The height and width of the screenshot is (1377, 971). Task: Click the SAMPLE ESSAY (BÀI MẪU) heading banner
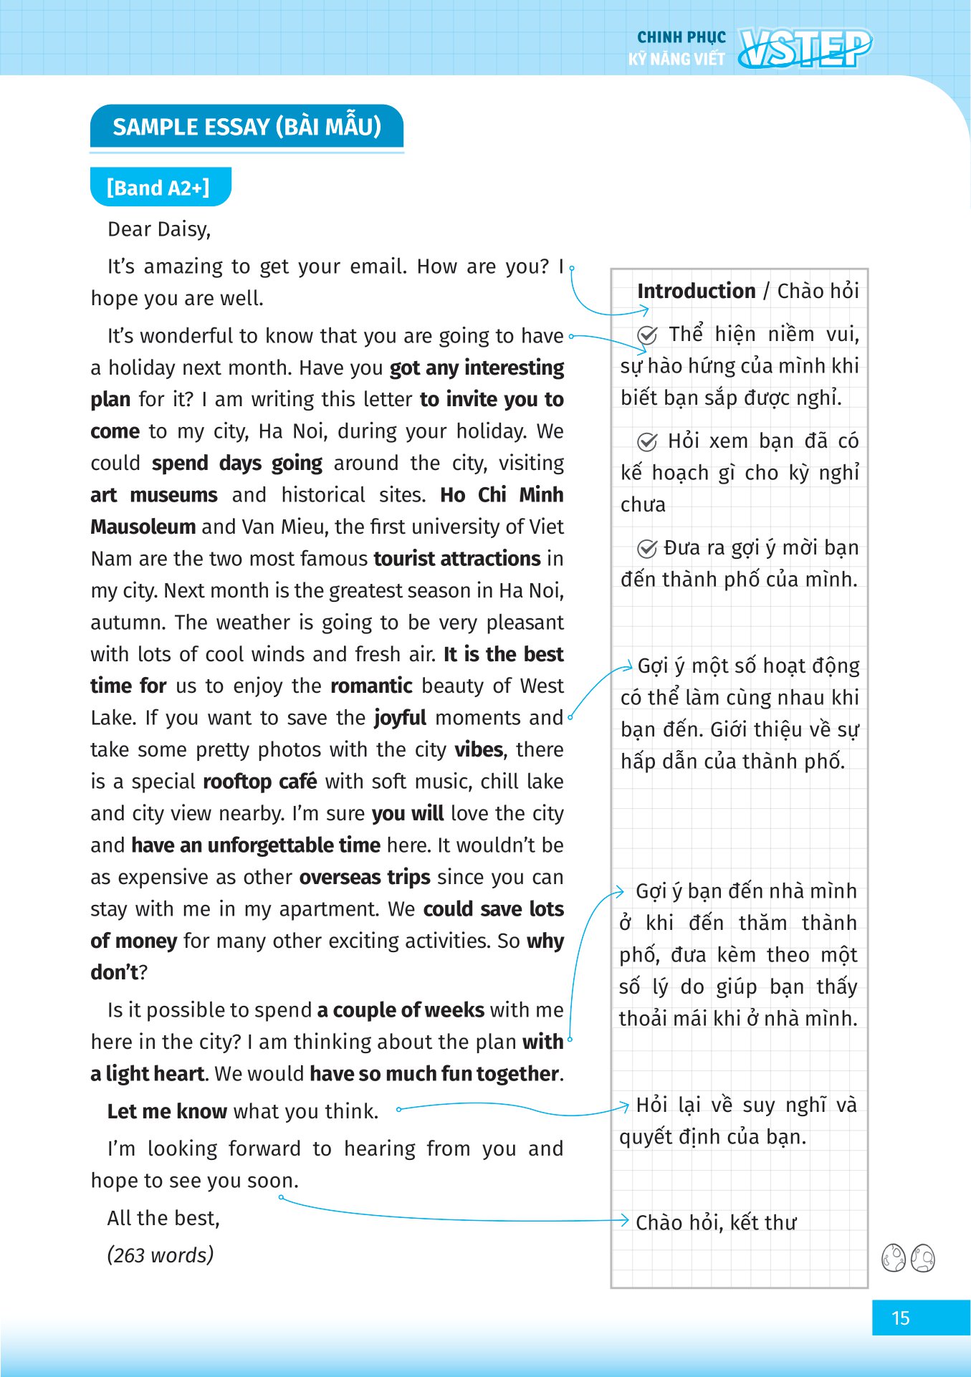click(247, 127)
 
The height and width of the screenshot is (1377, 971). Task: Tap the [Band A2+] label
click(159, 188)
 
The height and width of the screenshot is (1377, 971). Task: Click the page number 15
click(900, 1318)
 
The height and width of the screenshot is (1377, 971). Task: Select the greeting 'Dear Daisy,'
click(159, 229)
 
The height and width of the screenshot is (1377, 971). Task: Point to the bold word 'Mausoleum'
click(143, 527)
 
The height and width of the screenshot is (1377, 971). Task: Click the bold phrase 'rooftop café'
click(259, 781)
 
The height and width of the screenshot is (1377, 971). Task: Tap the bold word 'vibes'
click(479, 749)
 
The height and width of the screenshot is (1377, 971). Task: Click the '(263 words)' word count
click(161, 1255)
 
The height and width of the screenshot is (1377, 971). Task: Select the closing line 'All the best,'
click(163, 1218)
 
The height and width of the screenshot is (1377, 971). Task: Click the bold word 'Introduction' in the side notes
click(696, 291)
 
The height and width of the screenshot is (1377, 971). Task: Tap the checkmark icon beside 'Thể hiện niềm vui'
click(647, 335)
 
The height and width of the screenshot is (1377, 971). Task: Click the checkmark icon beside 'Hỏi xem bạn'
click(647, 442)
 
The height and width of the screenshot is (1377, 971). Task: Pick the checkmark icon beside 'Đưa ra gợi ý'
click(647, 549)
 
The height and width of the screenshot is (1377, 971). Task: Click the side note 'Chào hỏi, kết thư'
click(716, 1222)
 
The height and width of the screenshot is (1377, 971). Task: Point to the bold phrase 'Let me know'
click(167, 1111)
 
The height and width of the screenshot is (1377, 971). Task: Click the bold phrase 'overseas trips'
click(365, 877)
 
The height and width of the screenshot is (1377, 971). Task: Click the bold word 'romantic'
click(371, 686)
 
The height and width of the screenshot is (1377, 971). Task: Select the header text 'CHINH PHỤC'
click(681, 37)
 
